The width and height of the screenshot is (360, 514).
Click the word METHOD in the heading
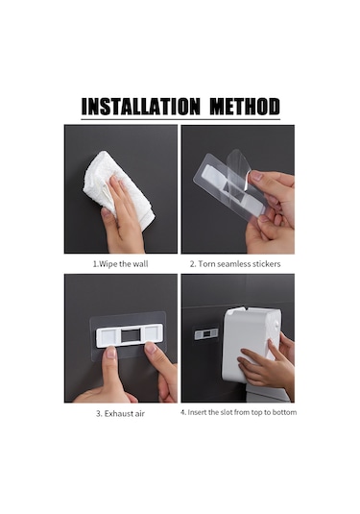pos(236,107)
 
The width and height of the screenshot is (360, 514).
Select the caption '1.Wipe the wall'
pos(120,262)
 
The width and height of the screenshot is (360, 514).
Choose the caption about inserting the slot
pos(239,412)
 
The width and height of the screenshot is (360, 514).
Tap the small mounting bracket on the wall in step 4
pos(207,334)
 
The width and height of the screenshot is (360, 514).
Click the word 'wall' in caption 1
pos(140,262)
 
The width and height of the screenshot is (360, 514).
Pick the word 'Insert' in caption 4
pos(202,412)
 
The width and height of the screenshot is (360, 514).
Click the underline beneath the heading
pos(180,119)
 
